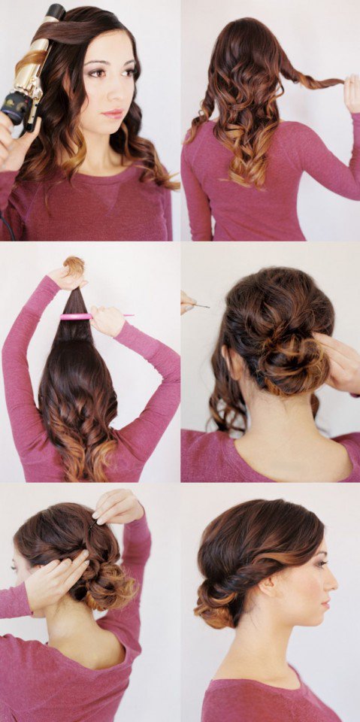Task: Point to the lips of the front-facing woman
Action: [113, 113]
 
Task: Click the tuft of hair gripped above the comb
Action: [74, 266]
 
